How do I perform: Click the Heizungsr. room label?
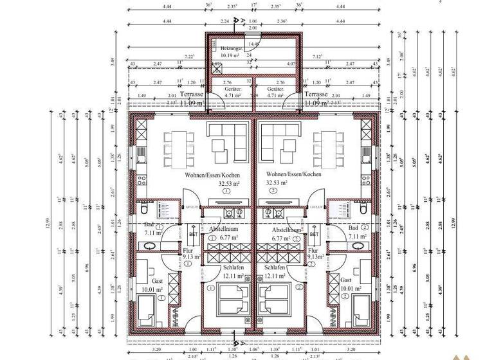230,48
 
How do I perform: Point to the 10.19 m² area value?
230,55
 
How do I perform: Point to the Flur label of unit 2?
313,251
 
